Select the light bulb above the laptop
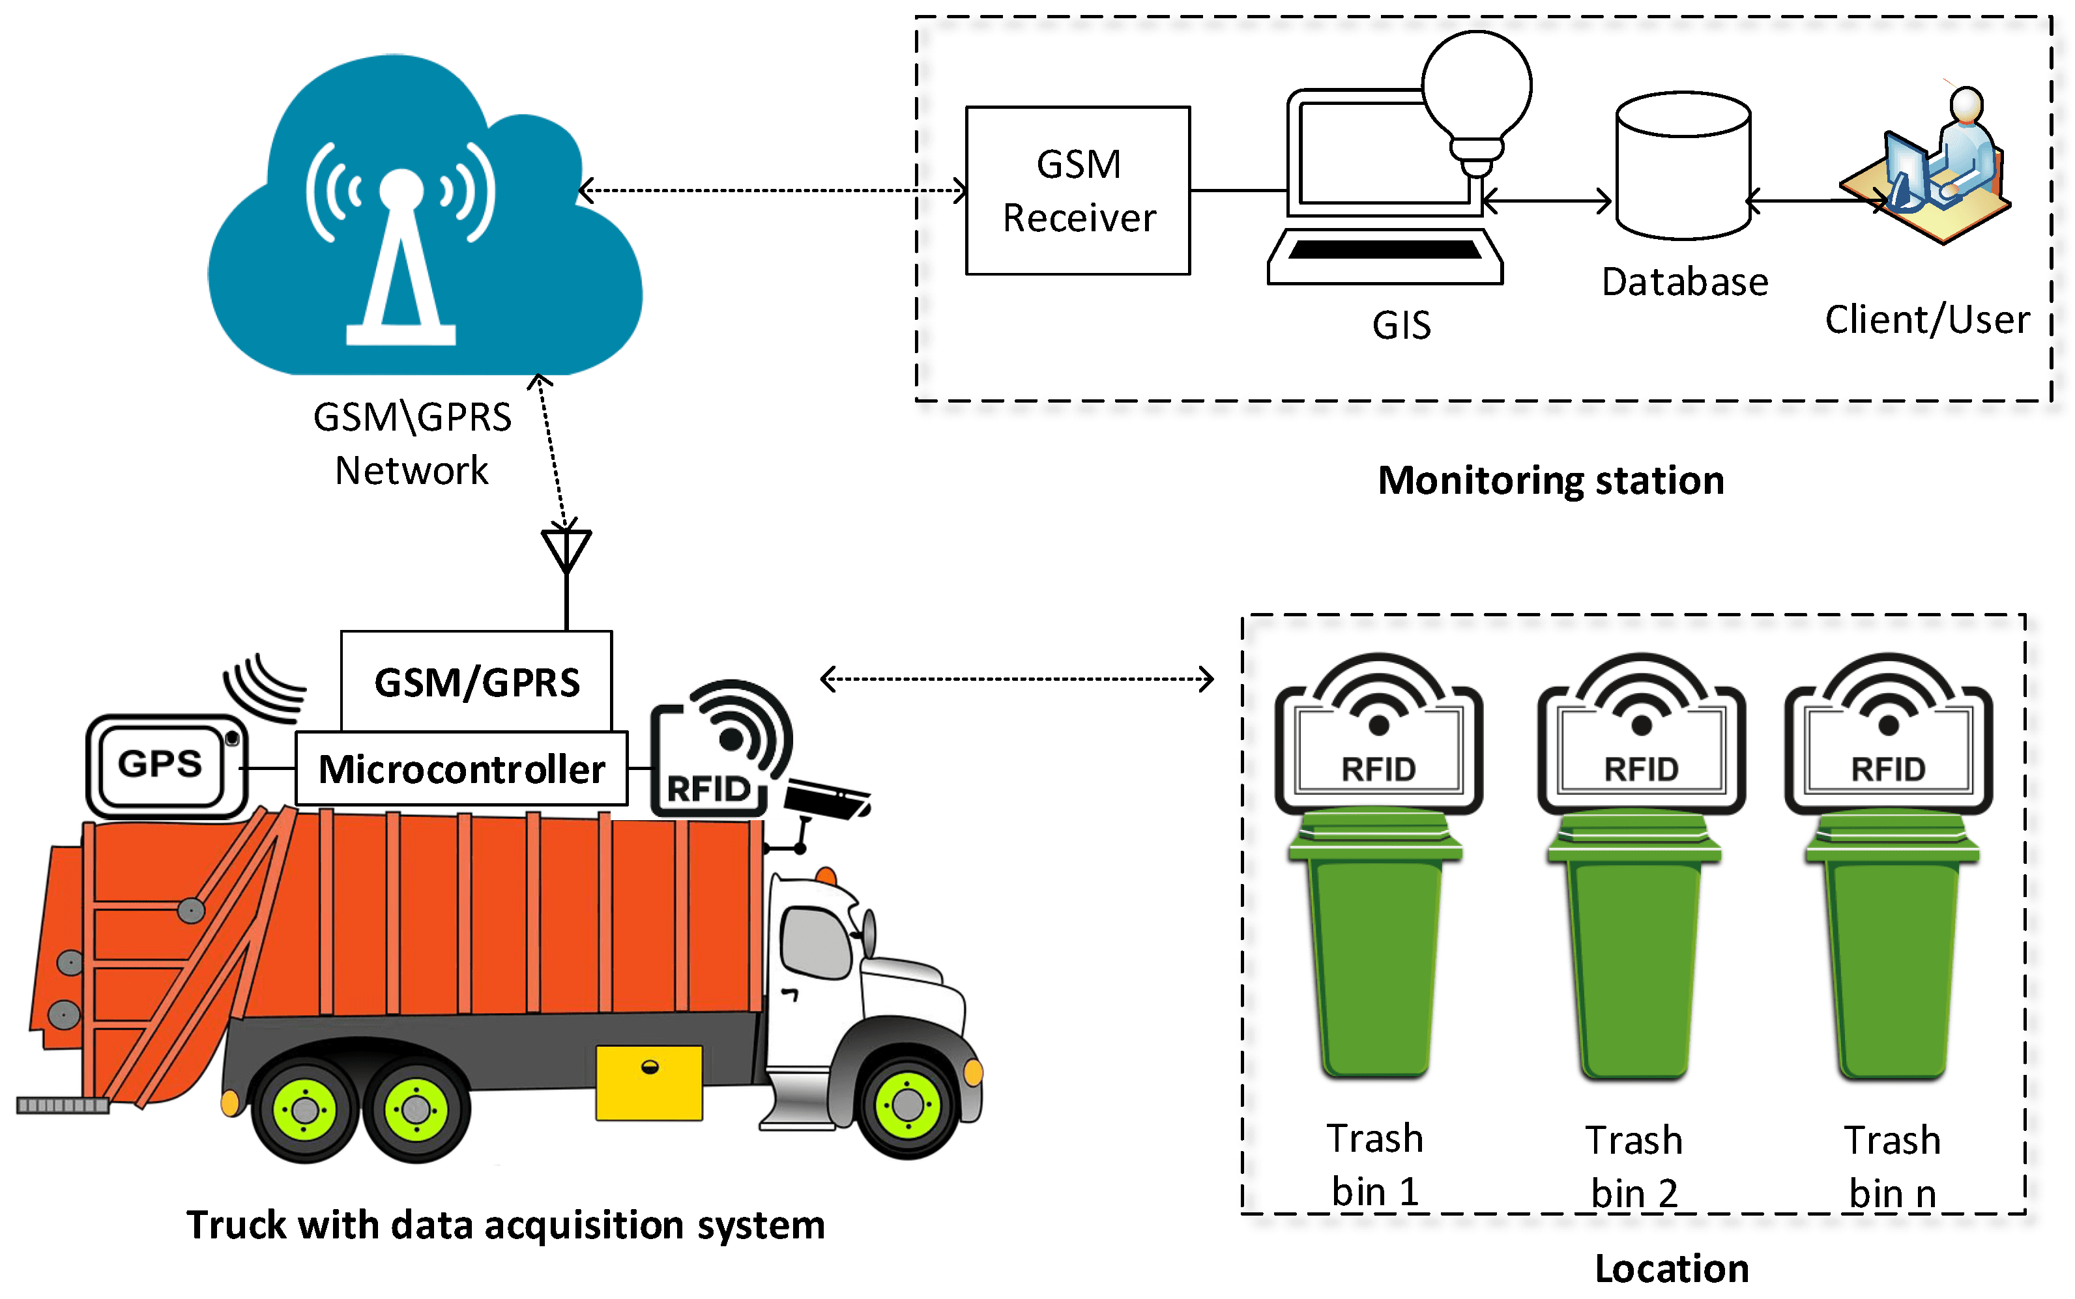[x=1476, y=94]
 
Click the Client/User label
[x=1926, y=320]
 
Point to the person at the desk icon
[x=1933, y=167]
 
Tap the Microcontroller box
[x=461, y=768]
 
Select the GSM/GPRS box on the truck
[x=476, y=681]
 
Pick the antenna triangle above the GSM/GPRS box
[x=566, y=548]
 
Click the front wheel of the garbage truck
[x=907, y=1104]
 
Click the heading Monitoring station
[x=1551, y=480]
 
